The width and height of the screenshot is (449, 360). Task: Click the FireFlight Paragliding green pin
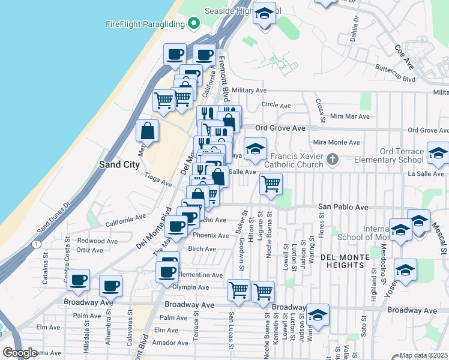pos(194,24)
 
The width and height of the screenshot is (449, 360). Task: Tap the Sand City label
pos(119,164)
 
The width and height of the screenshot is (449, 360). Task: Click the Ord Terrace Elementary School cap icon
pos(438,155)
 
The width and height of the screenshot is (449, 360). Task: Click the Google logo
pos(20,353)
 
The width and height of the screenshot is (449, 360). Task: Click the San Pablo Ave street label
pos(343,207)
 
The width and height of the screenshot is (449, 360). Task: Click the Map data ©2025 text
pos(424,355)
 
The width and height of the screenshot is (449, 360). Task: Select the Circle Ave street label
pos(276,105)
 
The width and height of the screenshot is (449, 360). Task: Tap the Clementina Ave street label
pos(200,275)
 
